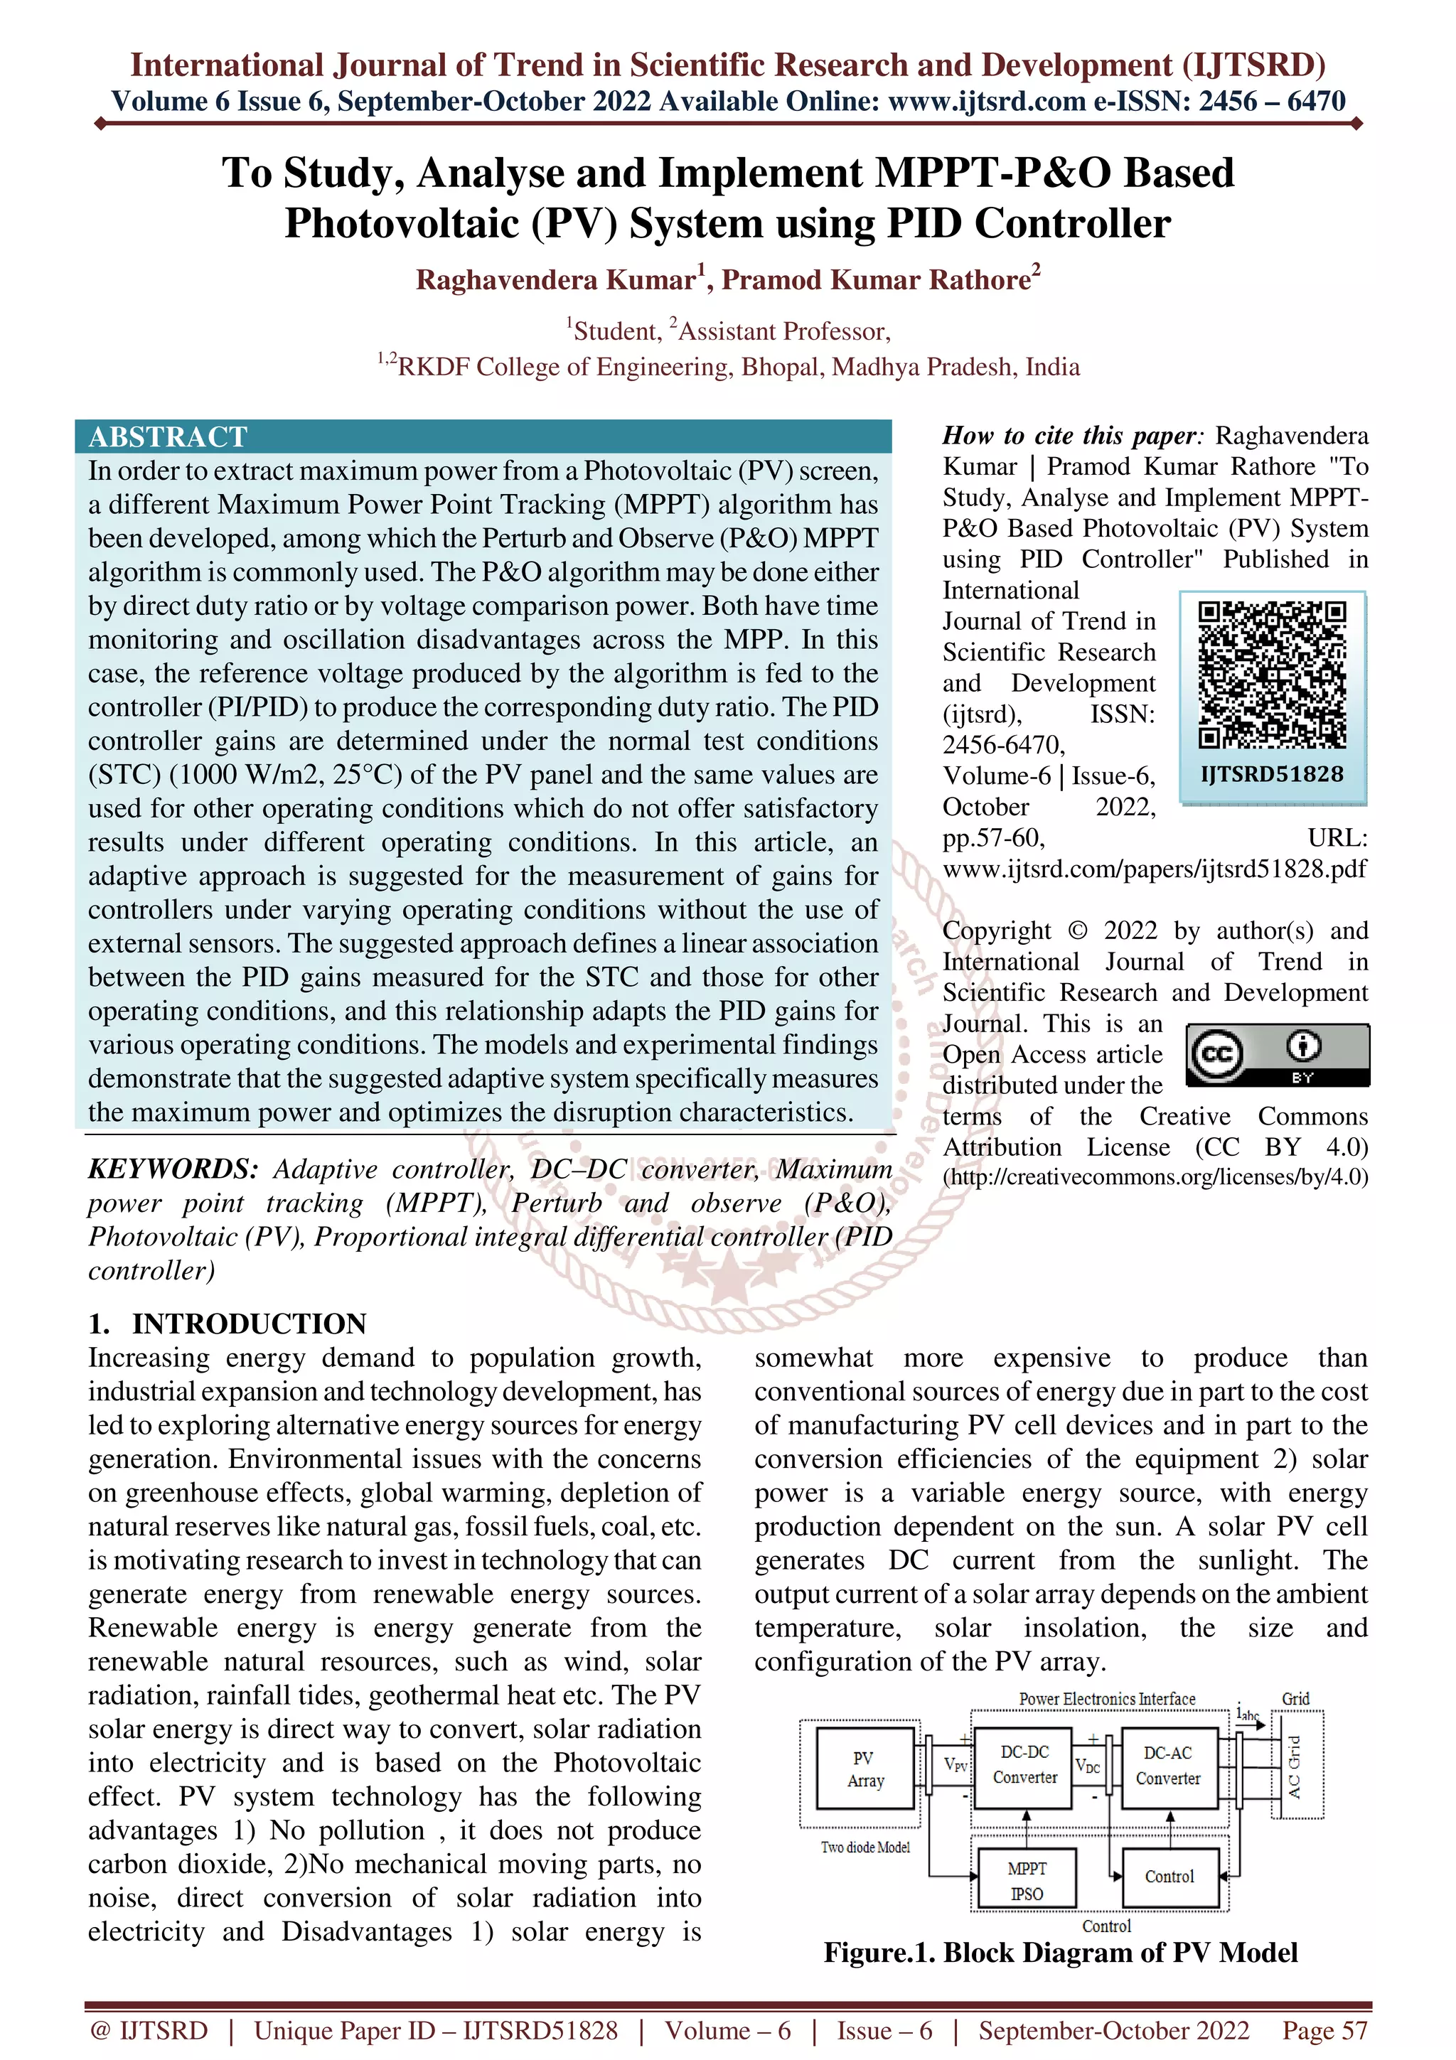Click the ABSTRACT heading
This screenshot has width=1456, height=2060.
pos(168,437)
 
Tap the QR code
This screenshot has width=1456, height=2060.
pos(1272,675)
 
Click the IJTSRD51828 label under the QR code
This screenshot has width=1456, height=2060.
pos(1272,774)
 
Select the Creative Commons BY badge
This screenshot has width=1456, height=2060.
pos(1278,1055)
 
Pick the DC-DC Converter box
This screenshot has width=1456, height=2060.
pos(1024,1765)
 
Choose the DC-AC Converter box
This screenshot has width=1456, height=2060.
pos(1168,1766)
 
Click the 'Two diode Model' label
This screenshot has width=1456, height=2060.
pos(864,1847)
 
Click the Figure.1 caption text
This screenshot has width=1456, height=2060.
pos(1061,1953)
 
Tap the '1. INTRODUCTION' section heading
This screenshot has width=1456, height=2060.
pos(228,1324)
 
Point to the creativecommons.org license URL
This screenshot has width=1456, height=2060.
pos(1155,1177)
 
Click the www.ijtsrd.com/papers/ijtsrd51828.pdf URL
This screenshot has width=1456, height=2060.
pos(1155,869)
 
